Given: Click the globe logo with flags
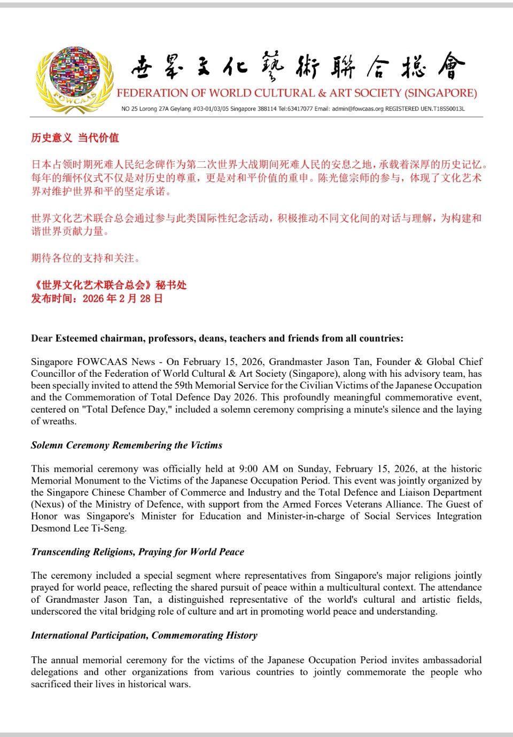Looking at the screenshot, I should tap(74, 79).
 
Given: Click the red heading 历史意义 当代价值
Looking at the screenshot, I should tap(75, 138).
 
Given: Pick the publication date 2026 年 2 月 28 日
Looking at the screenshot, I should tap(122, 299).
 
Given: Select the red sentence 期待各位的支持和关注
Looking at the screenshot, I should tap(85, 258).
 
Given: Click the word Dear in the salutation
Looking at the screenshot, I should tap(42, 338).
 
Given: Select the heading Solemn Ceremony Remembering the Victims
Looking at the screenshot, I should tap(127, 445).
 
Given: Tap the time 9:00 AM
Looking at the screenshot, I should tap(259, 469).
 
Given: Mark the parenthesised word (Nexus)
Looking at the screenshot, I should tap(48, 504).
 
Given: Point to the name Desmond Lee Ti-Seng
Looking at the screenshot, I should tap(79, 528).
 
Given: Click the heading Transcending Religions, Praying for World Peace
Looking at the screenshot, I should tap(137, 552).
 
